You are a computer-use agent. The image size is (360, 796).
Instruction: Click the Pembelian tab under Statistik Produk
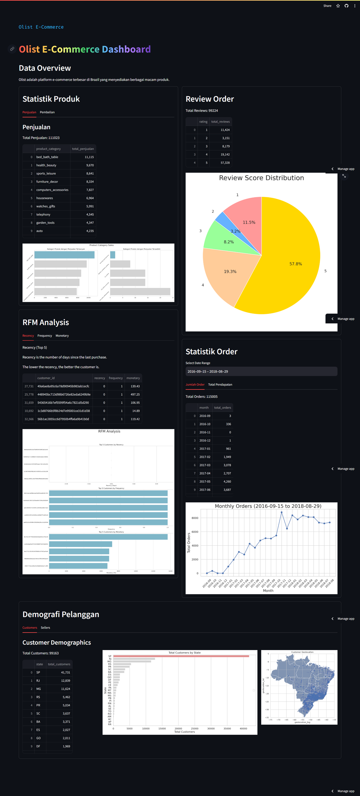tap(47, 112)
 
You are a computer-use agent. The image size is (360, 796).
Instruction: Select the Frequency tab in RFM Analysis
tap(45, 336)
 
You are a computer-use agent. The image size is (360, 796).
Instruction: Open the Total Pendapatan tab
tap(220, 385)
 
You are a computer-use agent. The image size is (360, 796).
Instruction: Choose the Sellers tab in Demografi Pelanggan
tap(45, 627)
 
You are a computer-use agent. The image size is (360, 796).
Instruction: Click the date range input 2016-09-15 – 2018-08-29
tap(261, 372)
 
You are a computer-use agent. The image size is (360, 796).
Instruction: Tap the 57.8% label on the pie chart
tap(295, 264)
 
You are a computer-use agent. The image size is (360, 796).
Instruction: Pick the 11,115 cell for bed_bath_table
tap(89, 157)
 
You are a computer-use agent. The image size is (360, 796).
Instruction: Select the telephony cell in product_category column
tap(43, 215)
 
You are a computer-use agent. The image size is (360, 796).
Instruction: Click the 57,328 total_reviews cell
tap(225, 163)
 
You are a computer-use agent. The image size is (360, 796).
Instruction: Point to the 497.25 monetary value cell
tap(135, 395)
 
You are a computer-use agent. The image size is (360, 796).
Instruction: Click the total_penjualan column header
tap(83, 149)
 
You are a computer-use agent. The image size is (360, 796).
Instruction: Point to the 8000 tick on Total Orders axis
tap(195, 518)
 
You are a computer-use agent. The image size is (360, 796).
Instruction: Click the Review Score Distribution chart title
tap(261, 178)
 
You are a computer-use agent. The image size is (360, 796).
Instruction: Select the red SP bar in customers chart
tap(181, 656)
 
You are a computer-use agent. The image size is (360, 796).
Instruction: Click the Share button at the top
tap(327, 6)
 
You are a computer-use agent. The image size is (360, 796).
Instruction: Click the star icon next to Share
tap(338, 6)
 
